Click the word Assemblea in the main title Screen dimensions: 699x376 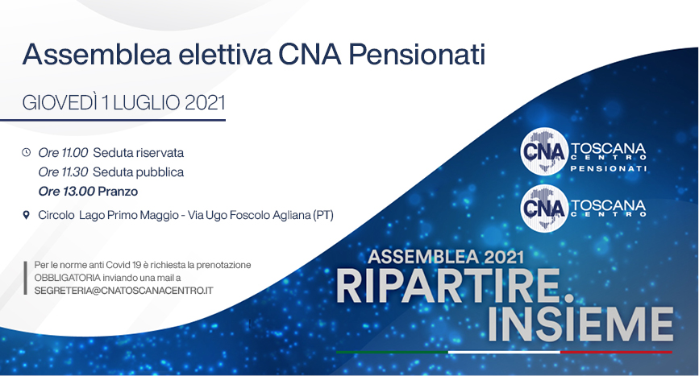click(97, 55)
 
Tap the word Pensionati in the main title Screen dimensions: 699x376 click(417, 55)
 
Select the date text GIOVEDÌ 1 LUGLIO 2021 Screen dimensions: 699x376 click(124, 103)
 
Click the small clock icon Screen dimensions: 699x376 click(27, 153)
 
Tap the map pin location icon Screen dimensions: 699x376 click(27, 215)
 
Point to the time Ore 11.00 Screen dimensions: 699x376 click(63, 153)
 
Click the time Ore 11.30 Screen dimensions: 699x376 click(63, 171)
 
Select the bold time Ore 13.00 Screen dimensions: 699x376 click(66, 192)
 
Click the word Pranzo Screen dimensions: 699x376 click(118, 192)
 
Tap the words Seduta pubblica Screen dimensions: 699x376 click(138, 171)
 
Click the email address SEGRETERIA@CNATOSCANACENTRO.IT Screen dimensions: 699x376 click(124, 291)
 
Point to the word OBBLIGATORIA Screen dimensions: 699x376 click(67, 278)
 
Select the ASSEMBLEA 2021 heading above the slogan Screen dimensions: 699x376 click(446, 257)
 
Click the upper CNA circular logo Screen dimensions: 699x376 click(544, 151)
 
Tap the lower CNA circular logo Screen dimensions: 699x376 click(544, 209)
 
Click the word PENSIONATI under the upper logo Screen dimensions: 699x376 click(609, 168)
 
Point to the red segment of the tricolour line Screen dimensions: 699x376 click(616, 352)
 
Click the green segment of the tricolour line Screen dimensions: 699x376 click(393, 352)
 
